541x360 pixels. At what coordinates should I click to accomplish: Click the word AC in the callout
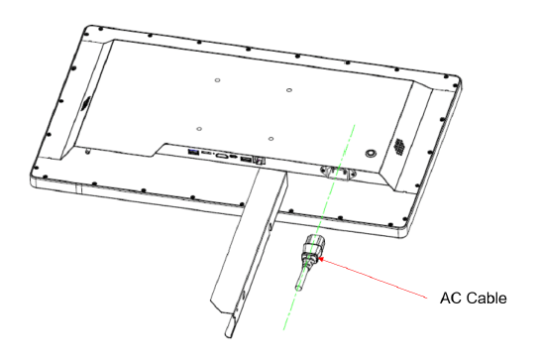click(449, 298)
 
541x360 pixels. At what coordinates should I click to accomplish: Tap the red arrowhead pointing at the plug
click(321, 259)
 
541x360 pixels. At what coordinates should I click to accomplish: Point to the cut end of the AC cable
click(298, 288)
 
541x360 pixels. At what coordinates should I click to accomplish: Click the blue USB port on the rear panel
click(192, 152)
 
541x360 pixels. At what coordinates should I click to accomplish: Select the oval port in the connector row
click(221, 156)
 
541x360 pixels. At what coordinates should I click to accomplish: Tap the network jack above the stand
click(259, 161)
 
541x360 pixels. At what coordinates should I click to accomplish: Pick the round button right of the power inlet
click(371, 153)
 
